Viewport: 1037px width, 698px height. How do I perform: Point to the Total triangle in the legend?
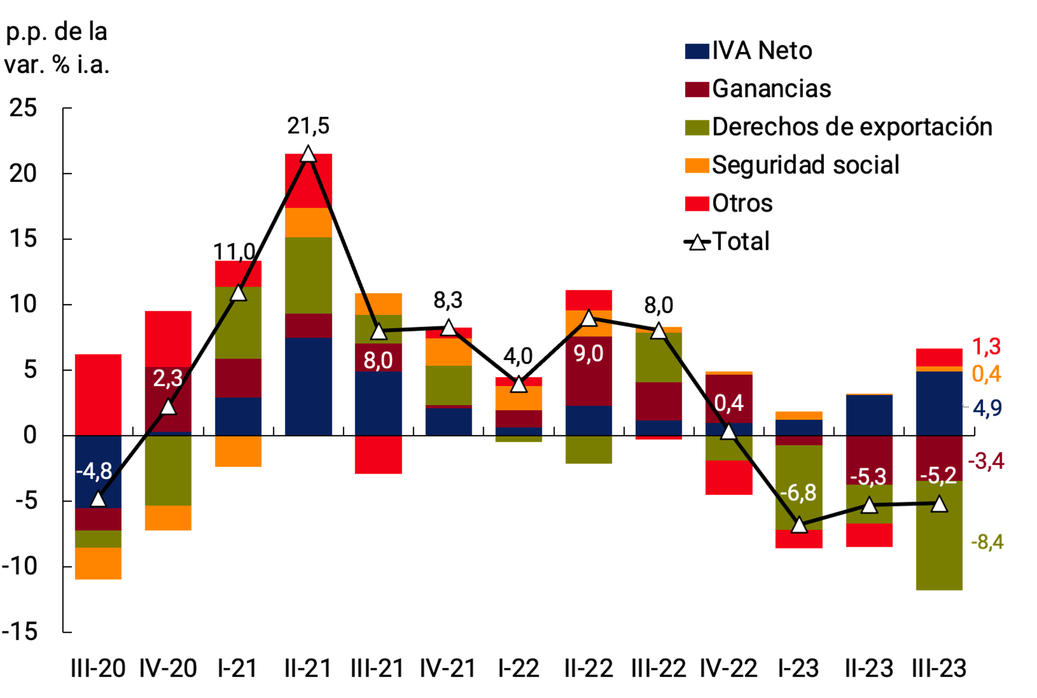click(x=697, y=242)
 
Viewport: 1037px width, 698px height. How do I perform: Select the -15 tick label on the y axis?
click(x=20, y=631)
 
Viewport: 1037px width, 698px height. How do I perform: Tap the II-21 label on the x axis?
click(x=308, y=668)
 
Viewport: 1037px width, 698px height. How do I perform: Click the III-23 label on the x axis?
click(x=939, y=668)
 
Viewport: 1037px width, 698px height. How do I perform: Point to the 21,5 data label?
click(x=308, y=126)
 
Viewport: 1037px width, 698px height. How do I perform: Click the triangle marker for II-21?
click(x=308, y=155)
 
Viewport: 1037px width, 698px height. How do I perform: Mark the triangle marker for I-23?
click(x=799, y=525)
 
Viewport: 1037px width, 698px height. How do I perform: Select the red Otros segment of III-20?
click(x=98, y=394)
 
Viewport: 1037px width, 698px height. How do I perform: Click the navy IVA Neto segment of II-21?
click(x=308, y=386)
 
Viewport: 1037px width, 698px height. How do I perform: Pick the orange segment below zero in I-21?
click(x=238, y=451)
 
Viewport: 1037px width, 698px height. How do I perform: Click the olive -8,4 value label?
click(x=987, y=542)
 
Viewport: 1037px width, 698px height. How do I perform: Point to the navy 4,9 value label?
click(x=987, y=408)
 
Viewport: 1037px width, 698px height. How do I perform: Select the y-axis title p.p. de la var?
click(x=57, y=48)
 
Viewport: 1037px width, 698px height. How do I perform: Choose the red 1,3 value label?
click(x=986, y=347)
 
